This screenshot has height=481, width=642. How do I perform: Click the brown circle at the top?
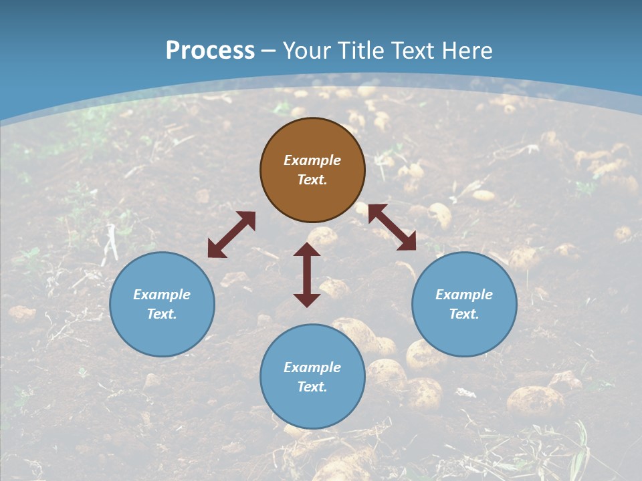312,170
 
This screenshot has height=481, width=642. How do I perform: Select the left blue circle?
162,304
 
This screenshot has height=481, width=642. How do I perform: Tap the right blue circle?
464,304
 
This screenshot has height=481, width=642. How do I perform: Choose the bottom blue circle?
312,377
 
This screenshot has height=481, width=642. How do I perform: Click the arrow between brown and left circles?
231,234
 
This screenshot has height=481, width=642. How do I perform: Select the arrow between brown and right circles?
392,227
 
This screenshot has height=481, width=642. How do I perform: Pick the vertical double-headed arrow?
307,275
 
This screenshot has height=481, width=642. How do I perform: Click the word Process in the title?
210,51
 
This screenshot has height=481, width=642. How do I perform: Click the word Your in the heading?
306,51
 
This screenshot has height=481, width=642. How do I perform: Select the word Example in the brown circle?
312,160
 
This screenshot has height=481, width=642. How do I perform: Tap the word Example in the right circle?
464,295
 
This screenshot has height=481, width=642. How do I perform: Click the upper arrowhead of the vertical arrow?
307,249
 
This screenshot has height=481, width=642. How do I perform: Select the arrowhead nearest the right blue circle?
407,243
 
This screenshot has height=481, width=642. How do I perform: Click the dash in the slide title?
269,51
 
